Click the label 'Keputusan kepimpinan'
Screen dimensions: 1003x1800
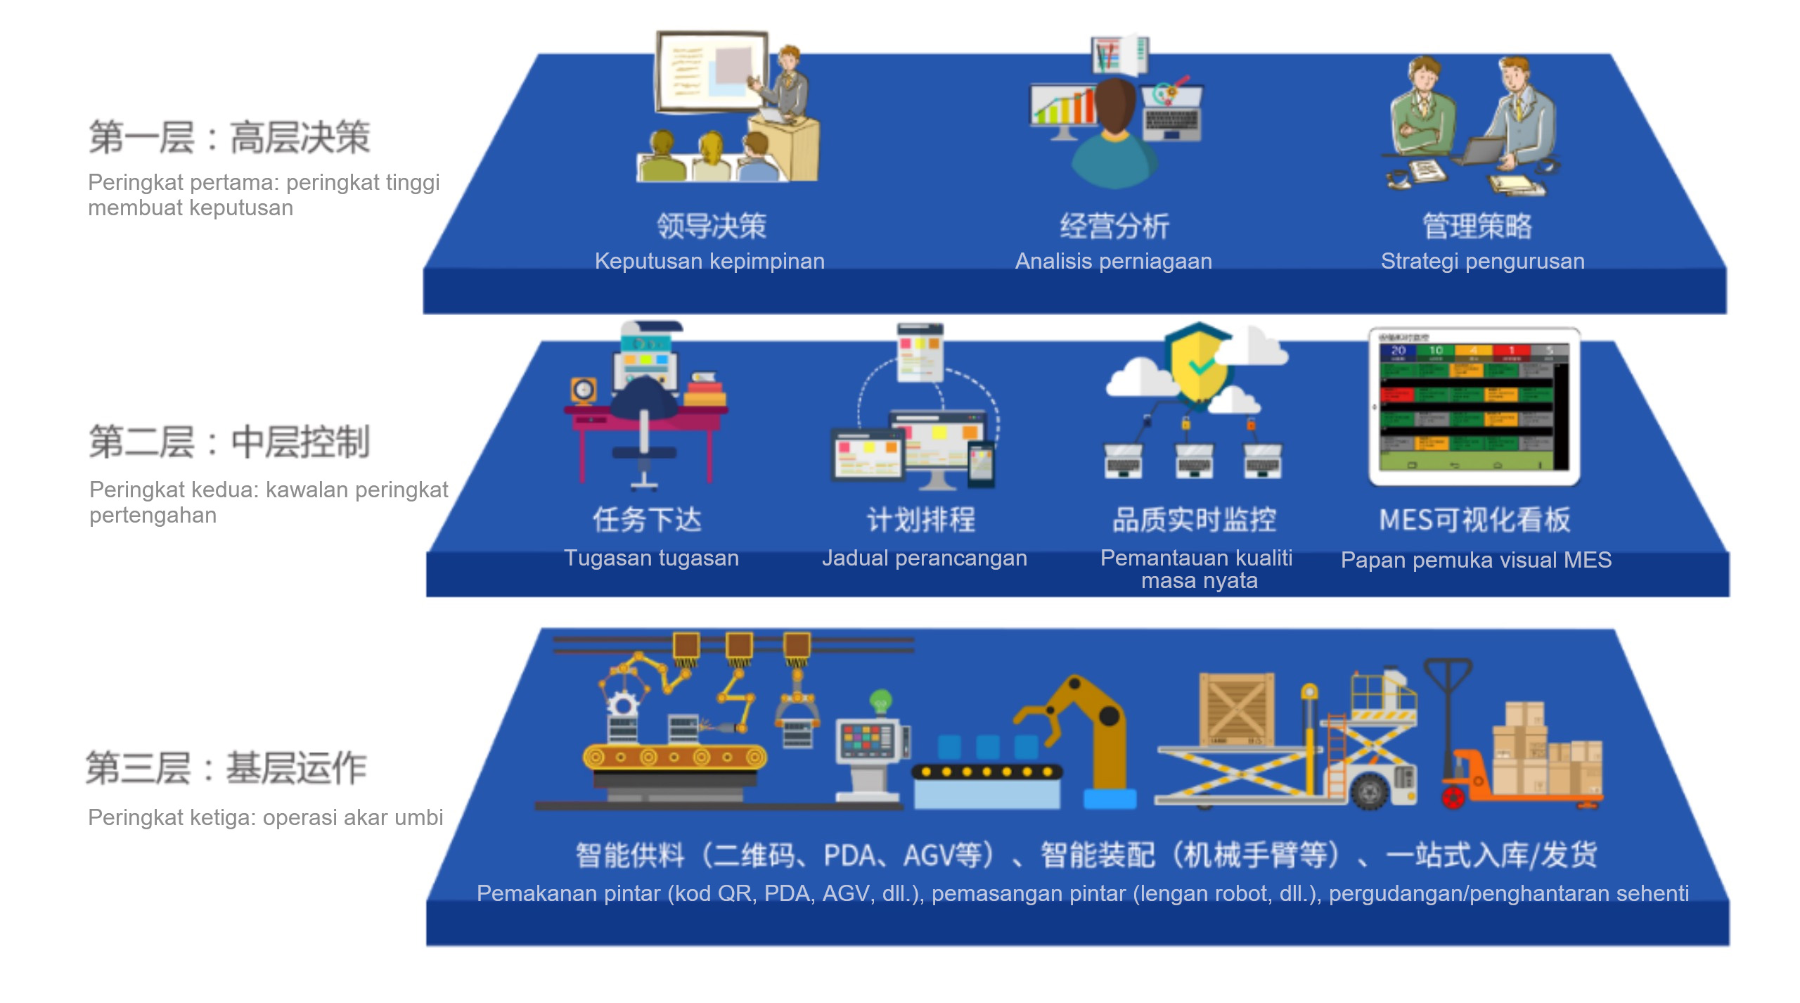pyautogui.click(x=709, y=261)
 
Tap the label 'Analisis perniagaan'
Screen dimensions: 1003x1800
pyautogui.click(x=1113, y=261)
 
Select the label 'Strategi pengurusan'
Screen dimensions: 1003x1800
pyautogui.click(x=1482, y=261)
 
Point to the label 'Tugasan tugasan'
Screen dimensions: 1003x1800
pyautogui.click(x=651, y=558)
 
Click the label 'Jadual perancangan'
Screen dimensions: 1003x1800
pyautogui.click(x=924, y=558)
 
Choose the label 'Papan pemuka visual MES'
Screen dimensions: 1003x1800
pyautogui.click(x=1476, y=560)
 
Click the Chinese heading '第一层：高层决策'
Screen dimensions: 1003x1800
pyautogui.click(x=229, y=136)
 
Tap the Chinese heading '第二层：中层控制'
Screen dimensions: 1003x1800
pyautogui.click(x=229, y=442)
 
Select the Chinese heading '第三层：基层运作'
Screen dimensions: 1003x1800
pyautogui.click(x=226, y=767)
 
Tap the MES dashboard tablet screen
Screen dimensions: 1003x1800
pyautogui.click(x=1474, y=406)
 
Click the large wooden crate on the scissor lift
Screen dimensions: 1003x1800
pyautogui.click(x=1236, y=709)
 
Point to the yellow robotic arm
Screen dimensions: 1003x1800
pyautogui.click(x=1097, y=732)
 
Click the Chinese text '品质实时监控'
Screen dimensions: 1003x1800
pyautogui.click(x=1194, y=520)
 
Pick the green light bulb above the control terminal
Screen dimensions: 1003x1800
pyautogui.click(x=880, y=701)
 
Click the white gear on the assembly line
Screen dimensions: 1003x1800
pyautogui.click(x=622, y=705)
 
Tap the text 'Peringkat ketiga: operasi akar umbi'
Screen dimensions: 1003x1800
pyautogui.click(x=265, y=817)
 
